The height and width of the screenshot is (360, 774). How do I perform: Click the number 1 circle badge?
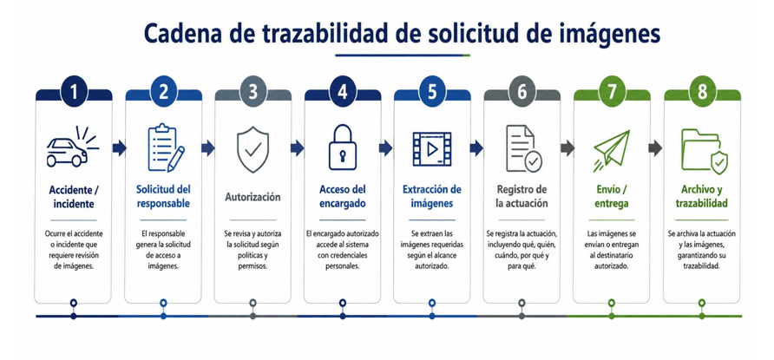pos(74,93)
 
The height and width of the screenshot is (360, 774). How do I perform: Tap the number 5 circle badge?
pos(432,93)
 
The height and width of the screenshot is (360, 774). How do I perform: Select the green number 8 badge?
pos(701,93)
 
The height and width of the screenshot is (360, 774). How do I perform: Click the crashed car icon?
pos(73,147)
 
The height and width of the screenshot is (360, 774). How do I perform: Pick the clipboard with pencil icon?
pos(166,148)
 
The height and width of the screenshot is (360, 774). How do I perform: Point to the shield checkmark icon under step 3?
pos(253,149)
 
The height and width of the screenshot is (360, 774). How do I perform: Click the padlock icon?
pos(342,147)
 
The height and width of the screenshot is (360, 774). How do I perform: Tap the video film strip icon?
pos(432,148)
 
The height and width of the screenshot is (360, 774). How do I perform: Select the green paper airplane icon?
pos(612,150)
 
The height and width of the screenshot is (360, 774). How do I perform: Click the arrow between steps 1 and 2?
pos(119,147)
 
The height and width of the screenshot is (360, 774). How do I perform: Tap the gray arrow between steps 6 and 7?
pos(567,147)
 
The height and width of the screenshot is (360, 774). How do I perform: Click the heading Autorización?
pos(253,197)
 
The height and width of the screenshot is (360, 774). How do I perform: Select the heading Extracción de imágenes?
pos(432,196)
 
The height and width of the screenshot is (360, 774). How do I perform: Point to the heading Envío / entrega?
pos(612,197)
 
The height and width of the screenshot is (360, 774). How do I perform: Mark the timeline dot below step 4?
pos(342,316)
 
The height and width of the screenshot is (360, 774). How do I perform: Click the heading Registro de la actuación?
pos(521,196)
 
